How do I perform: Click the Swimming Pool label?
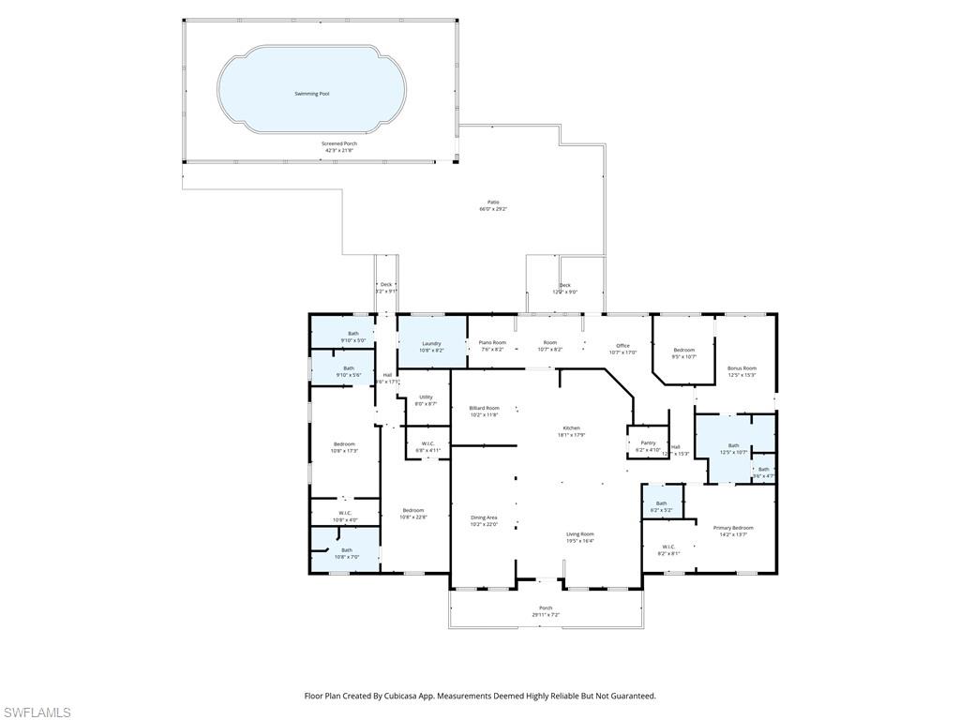click(x=312, y=95)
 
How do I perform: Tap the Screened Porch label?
click(x=339, y=143)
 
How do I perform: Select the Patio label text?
click(x=493, y=202)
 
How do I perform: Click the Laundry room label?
click(x=431, y=343)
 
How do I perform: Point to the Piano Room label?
click(x=492, y=343)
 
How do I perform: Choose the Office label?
click(x=622, y=346)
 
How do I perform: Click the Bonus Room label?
click(x=742, y=368)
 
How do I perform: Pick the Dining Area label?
click(x=484, y=517)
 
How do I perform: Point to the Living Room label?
click(x=579, y=533)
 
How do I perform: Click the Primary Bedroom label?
click(x=733, y=528)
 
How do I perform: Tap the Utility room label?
click(x=426, y=397)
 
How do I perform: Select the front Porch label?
click(x=546, y=608)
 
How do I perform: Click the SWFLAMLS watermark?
click(x=37, y=712)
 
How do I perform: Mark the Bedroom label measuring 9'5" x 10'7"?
click(x=683, y=350)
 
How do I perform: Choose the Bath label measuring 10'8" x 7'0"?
click(x=347, y=550)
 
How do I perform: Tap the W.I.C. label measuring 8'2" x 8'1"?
click(x=668, y=547)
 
